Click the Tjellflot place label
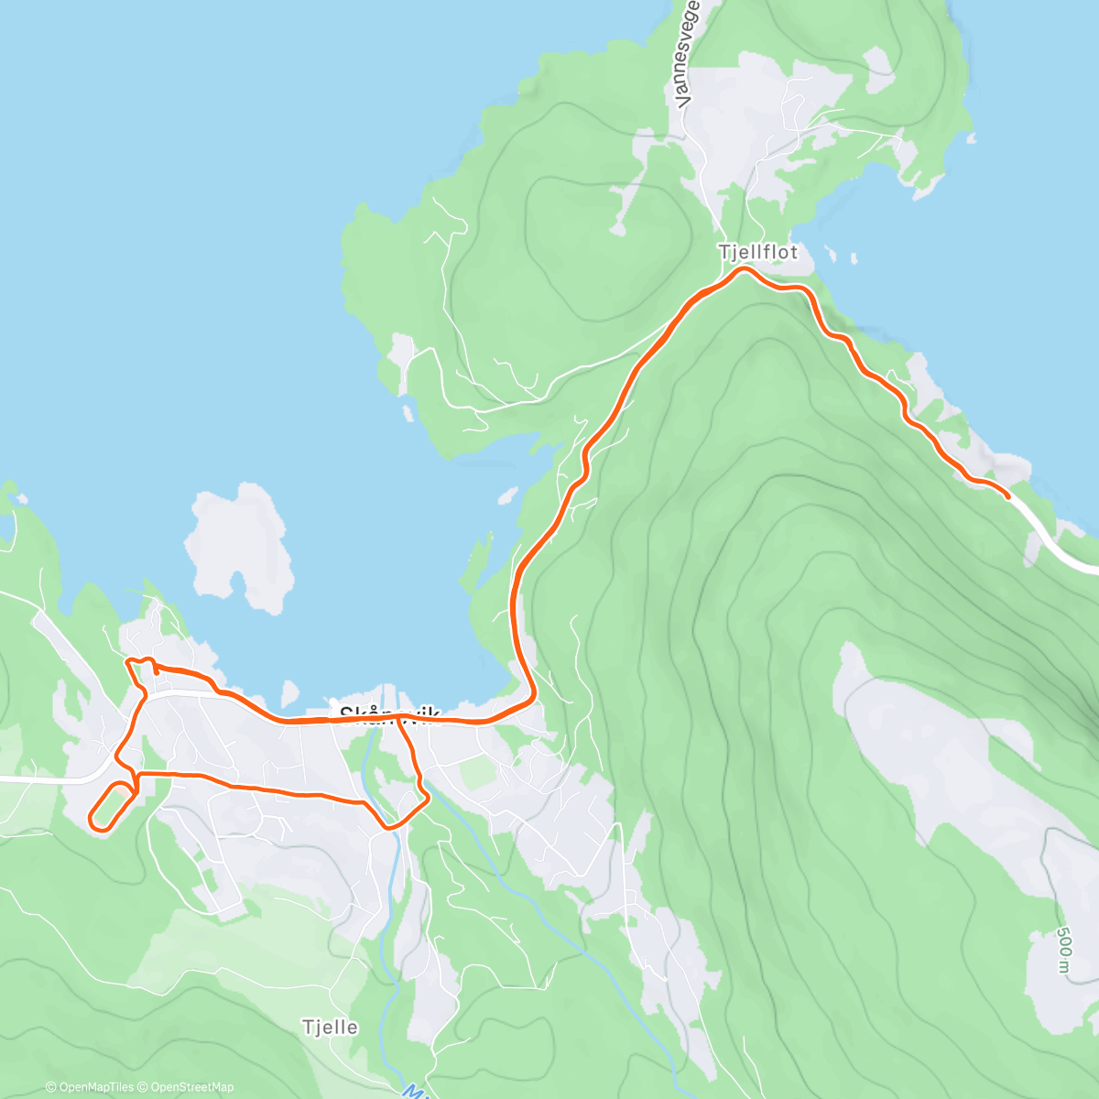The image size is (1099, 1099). pos(757,252)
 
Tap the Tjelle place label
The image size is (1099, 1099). pos(330,1028)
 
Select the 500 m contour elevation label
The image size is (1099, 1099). pos(1063,951)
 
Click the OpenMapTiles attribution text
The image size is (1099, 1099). pos(90,1087)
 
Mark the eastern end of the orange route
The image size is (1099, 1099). pos(1007,495)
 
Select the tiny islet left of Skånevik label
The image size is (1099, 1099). pos(291,693)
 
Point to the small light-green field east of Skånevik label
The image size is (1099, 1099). pos(477,774)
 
